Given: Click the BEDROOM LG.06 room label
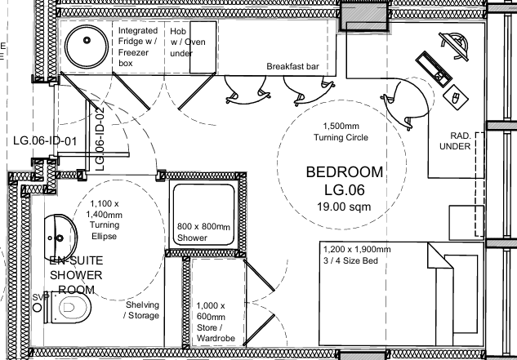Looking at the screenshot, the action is point(344,181).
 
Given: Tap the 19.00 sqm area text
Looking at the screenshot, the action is point(344,207).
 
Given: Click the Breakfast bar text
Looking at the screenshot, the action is point(291,66).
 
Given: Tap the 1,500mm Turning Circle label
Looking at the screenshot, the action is point(345,131).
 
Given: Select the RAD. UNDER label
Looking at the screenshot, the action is point(454,140).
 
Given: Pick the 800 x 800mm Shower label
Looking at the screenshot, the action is point(203,232).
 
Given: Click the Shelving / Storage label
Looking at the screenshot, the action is point(142,310).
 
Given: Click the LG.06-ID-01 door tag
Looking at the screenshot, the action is point(45,140).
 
